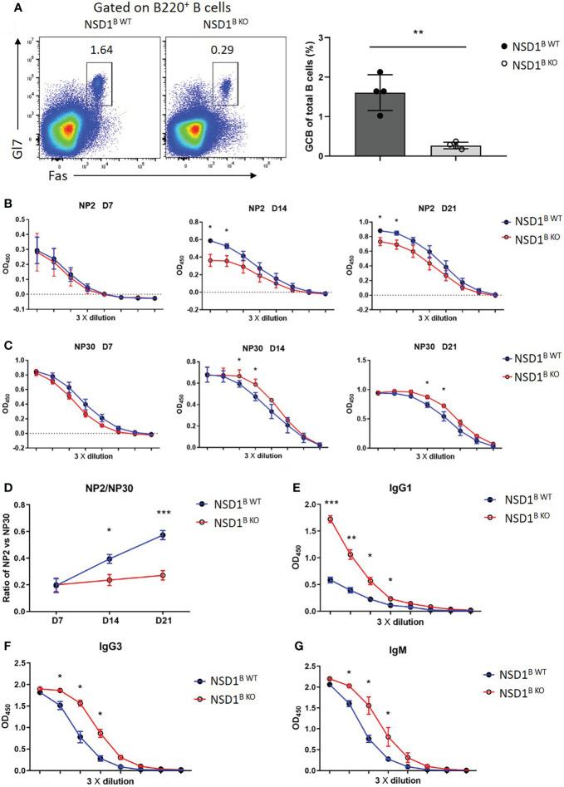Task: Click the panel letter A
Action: point(7,7)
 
